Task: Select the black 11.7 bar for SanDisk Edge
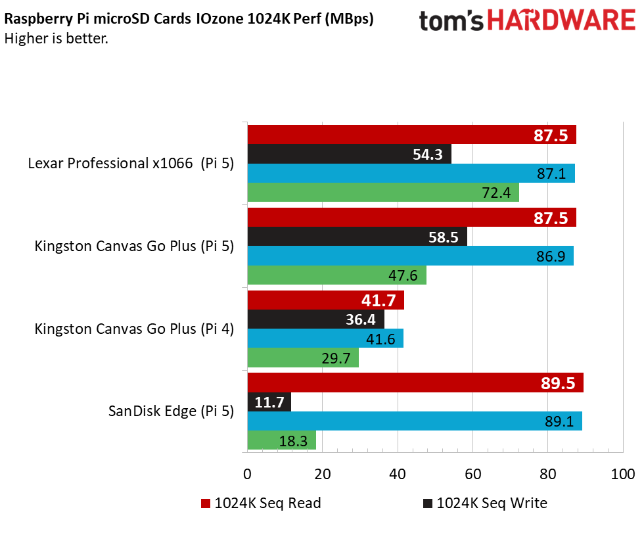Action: coord(269,402)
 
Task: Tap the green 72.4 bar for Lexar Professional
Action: coord(383,193)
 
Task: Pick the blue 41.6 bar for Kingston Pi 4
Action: coord(325,338)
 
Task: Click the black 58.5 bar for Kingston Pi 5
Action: coord(357,237)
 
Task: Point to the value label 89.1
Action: coord(559,421)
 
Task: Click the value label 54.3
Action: coord(427,154)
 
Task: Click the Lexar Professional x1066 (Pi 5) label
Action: coord(131,164)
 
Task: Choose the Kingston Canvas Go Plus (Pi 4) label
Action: coord(134,329)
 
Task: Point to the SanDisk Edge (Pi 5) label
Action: coord(171,411)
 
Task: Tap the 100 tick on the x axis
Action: coord(622,474)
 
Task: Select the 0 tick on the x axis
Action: coord(248,474)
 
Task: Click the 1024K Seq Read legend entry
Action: coord(261,503)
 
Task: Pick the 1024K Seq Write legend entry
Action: coord(484,503)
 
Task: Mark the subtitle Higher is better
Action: coord(57,38)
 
